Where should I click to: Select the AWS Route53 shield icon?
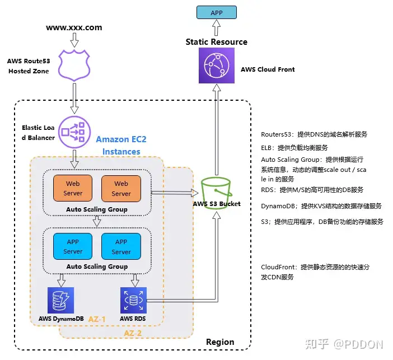pyautogui.click(x=74, y=64)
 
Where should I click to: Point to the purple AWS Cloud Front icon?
pyautogui.click(x=217, y=69)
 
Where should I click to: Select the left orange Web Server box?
pyautogui.click(x=73, y=188)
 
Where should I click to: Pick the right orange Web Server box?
pyautogui.click(x=121, y=188)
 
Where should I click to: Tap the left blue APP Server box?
pyautogui.click(x=73, y=246)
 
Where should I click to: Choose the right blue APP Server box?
pyautogui.click(x=121, y=246)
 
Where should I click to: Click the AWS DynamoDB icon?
pyautogui.click(x=60, y=300)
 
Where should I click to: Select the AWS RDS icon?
pyautogui.click(x=134, y=300)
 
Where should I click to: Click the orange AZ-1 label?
pyautogui.click(x=97, y=319)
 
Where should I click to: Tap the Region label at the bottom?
pyautogui.click(x=220, y=342)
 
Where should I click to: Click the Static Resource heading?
pyautogui.click(x=217, y=41)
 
